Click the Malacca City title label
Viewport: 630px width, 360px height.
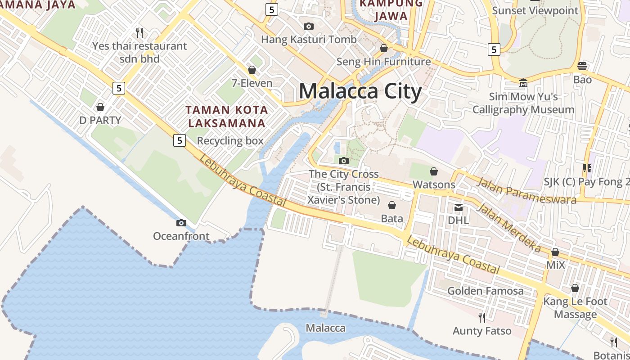click(x=360, y=91)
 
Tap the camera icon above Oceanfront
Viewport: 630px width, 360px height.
click(x=181, y=223)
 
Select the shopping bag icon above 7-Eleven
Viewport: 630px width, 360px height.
click(x=252, y=70)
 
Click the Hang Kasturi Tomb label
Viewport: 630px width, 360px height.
click(x=309, y=40)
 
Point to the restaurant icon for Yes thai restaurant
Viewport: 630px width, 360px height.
click(x=139, y=32)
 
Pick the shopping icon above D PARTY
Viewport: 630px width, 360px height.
click(x=100, y=107)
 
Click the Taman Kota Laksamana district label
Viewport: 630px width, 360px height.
click(x=227, y=116)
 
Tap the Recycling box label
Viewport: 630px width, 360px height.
click(x=230, y=141)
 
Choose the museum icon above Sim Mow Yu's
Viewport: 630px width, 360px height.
click(x=523, y=83)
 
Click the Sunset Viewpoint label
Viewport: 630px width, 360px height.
click(x=535, y=10)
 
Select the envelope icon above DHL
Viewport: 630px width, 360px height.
click(x=459, y=207)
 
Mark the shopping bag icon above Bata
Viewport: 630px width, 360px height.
click(x=392, y=206)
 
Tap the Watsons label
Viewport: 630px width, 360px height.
click(x=434, y=184)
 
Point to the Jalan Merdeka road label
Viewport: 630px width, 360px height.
click(x=508, y=227)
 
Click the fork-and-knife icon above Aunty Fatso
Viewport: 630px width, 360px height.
click(x=482, y=318)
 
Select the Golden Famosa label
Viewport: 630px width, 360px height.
click(x=485, y=291)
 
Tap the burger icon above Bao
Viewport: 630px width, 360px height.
click(x=582, y=66)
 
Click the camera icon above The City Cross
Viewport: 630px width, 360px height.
click(x=344, y=161)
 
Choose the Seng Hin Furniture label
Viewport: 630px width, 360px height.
click(x=383, y=62)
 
